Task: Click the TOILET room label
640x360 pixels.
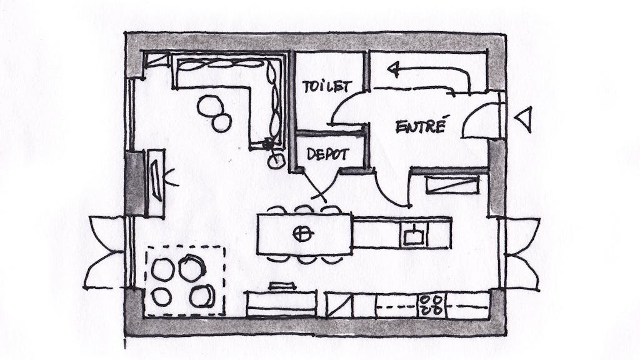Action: pos(327,86)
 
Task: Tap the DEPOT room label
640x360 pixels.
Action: pos(327,154)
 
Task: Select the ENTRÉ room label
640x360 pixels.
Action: pos(421,126)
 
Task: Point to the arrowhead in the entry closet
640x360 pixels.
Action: pos(394,69)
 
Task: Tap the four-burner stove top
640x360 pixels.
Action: pos(432,305)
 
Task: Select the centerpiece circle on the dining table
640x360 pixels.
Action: pos(302,234)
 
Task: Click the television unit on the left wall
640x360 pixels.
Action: pos(156,182)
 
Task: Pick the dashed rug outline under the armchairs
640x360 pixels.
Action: pos(186,281)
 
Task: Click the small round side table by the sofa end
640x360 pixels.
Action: pos(276,161)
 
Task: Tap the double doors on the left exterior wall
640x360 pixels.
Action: pos(104,252)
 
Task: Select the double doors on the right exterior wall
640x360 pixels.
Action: pos(522,254)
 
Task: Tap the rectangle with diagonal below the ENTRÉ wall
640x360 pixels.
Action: pos(452,184)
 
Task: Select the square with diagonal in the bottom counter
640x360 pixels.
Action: pos(339,305)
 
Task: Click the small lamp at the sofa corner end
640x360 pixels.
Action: pos(267,144)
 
